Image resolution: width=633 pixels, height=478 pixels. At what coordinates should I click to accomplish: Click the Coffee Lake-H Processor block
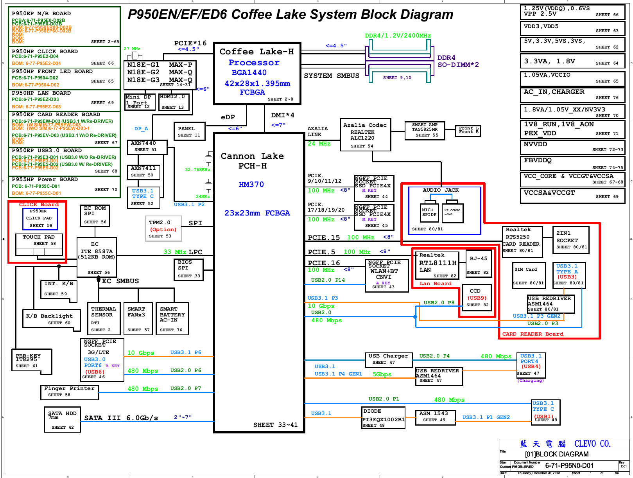pos(257,74)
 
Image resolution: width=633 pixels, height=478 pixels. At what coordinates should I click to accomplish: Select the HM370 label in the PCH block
pos(251,184)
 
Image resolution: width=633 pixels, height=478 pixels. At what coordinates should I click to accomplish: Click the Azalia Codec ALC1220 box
pos(365,135)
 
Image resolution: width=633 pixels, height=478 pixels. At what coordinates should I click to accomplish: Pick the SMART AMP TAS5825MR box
pos(425,130)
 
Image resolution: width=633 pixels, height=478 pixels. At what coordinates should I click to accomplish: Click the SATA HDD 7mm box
pos(63,419)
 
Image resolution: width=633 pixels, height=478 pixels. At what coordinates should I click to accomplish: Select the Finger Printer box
pos(69,392)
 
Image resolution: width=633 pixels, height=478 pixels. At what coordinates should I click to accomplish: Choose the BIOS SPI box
pos(188,269)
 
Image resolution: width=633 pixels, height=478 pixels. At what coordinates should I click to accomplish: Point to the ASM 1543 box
pos(435,417)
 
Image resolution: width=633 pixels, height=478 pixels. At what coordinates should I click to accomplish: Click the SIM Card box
pos(528,276)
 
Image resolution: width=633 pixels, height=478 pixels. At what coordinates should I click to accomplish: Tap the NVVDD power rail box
pos(572,147)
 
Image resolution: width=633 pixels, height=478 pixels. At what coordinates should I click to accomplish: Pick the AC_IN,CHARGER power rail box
pos(572,94)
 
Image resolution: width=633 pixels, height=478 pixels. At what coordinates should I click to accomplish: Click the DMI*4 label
pos(282,115)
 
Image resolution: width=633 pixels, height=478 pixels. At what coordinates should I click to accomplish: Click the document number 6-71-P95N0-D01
pos(569,465)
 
